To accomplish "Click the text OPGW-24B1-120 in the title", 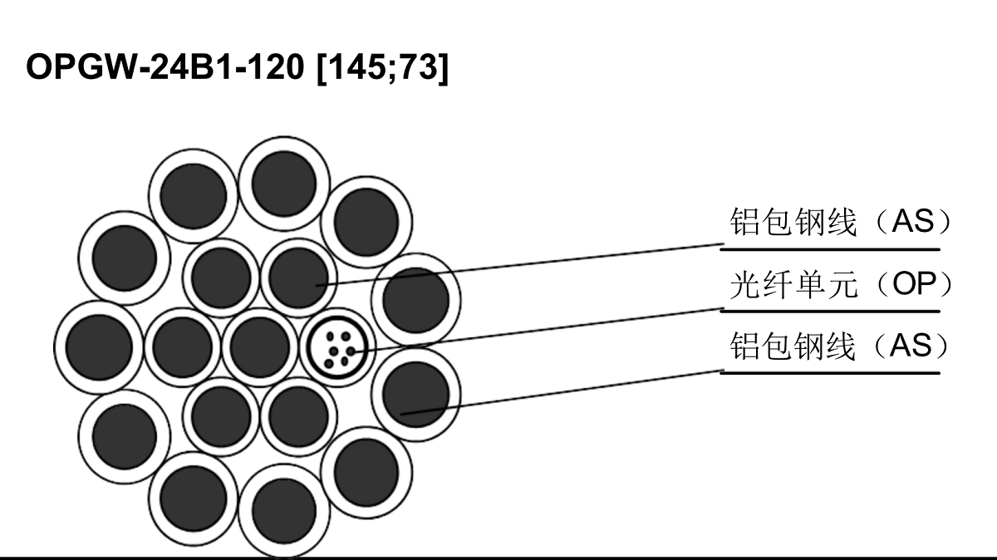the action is click(165, 66).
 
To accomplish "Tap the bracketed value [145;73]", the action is click(383, 67).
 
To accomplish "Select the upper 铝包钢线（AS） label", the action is click(840, 221).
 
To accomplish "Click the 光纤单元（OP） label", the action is click(840, 284).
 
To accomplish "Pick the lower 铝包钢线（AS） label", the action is click(840, 346).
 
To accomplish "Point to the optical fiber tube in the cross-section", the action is click(338, 347).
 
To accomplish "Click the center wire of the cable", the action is click(260, 346).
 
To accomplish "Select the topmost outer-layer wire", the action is click(284, 184).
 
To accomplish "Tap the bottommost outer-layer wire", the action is click(284, 511).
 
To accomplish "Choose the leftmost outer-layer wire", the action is click(99, 347).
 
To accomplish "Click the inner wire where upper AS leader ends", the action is click(298, 278).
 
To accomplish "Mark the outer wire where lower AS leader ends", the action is click(415, 395).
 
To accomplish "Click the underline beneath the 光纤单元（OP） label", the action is click(830, 312).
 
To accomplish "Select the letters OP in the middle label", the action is click(914, 283).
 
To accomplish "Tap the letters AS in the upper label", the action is click(913, 221).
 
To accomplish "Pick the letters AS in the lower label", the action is click(911, 345).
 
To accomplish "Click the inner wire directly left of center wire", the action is click(183, 346).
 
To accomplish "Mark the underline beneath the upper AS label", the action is click(830, 250).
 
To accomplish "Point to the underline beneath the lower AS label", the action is click(830, 373).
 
